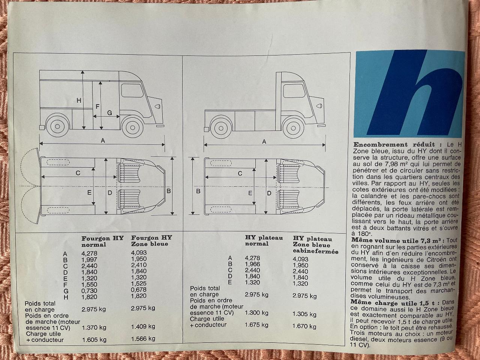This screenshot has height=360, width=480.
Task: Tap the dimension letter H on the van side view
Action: click(x=79, y=100)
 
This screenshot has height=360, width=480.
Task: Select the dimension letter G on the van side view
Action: click(x=109, y=113)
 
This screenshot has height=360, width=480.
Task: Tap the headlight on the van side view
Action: click(x=157, y=106)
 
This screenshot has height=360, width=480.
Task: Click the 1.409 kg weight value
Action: click(x=143, y=327)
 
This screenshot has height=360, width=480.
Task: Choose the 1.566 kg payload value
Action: click(x=143, y=339)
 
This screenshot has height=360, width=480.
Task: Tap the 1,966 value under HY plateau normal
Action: click(x=253, y=264)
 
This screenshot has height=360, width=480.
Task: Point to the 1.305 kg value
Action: click(x=304, y=314)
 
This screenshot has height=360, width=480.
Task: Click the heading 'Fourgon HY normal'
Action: click(x=102, y=241)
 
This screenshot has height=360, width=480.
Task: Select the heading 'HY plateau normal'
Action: click(x=264, y=241)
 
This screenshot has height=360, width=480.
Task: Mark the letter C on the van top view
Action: click(x=78, y=173)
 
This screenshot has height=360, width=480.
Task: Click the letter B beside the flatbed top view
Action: click(x=198, y=191)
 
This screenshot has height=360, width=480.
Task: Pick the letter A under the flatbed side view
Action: click(x=264, y=142)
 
